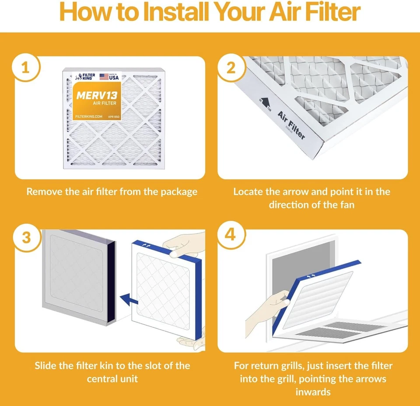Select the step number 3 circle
(x=26, y=237)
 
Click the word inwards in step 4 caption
(x=312, y=391)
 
